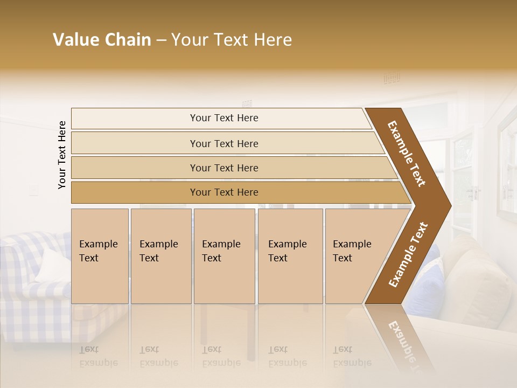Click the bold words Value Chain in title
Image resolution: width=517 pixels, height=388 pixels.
102,40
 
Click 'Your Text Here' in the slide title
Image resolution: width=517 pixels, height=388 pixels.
232,40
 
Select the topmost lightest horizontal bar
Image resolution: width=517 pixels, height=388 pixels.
223,118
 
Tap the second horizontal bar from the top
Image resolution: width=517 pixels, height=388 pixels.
223,143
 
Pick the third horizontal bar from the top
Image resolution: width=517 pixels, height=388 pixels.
223,168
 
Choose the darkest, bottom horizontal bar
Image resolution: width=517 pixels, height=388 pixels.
223,192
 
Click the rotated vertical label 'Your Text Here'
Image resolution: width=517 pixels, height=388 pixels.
62,155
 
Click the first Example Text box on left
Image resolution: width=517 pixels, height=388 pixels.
100,255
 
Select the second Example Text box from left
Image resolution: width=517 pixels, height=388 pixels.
160,255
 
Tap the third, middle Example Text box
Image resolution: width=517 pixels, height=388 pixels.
223,255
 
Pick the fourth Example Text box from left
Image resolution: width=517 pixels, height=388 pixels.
290,255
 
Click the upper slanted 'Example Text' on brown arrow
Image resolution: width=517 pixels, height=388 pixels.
407,154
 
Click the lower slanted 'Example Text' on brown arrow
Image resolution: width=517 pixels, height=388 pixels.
408,254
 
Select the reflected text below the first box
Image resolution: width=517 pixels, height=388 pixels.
99,356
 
